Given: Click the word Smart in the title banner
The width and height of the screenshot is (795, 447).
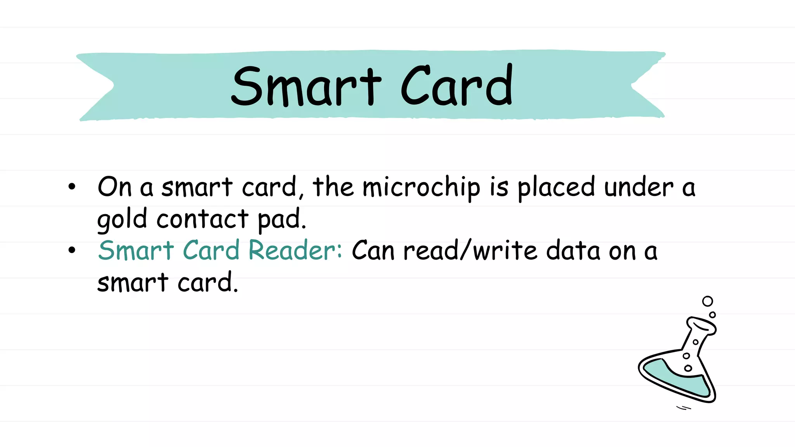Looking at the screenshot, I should pos(306,86).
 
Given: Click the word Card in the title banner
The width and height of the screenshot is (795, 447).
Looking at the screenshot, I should pos(457,85).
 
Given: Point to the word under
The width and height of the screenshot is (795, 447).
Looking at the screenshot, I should pos(639,187).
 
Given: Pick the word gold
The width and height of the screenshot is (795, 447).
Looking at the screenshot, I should pos(122,220).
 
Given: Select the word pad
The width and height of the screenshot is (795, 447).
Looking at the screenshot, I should pos(282,220).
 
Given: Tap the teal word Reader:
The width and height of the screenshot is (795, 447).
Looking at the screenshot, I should pos(295,250).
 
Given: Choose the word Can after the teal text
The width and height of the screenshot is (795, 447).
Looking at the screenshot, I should pos(373,251).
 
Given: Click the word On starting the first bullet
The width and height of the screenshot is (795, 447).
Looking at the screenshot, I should pos(115,187).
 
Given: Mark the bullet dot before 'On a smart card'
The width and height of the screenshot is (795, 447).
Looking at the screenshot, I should pos(72,187).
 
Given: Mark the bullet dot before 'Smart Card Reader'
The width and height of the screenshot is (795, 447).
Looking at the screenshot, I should pos(72,250).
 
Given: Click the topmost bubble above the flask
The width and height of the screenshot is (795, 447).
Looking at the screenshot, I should pos(708,301).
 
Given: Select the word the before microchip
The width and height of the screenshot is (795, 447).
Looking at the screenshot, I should pos(333,187).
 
